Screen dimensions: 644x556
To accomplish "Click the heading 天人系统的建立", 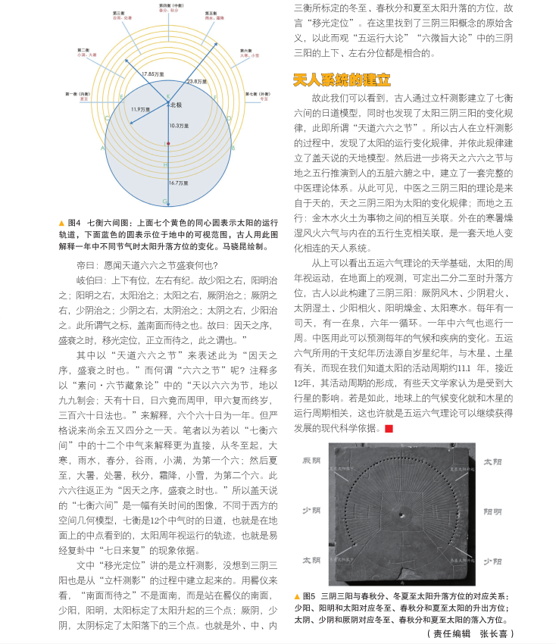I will [342, 79].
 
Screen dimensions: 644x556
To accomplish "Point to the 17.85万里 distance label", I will [152, 73].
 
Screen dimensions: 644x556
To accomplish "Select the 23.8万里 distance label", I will [195, 81].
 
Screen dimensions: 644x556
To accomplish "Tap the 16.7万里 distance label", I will [179, 183].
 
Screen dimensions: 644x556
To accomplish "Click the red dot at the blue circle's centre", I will [168, 143].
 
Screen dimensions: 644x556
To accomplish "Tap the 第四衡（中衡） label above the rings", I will [170, 8].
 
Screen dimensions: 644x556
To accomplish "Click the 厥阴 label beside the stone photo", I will [312, 461].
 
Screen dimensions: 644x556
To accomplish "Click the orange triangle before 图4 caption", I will [61, 224].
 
